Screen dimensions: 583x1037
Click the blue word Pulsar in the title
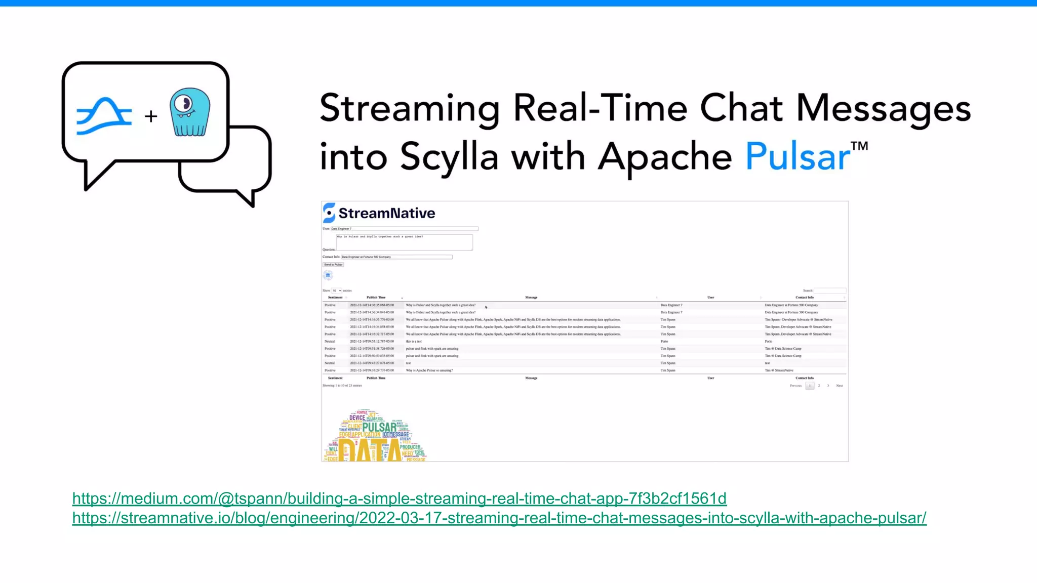pyautogui.click(x=797, y=156)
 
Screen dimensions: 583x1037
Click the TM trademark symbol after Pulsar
pyautogui.click(x=859, y=147)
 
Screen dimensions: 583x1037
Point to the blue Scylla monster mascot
pyautogui.click(x=190, y=113)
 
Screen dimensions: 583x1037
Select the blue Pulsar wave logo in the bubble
pyautogui.click(x=104, y=116)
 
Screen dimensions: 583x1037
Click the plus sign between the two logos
pyautogui.click(x=151, y=116)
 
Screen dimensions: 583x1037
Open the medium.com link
pyautogui.click(x=399, y=498)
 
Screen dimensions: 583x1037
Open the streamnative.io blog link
pyautogui.click(x=499, y=518)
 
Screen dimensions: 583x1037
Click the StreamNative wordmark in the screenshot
pyautogui.click(x=386, y=213)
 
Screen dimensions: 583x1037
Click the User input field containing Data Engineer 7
pyautogui.click(x=404, y=229)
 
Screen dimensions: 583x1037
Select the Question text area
pyautogui.click(x=404, y=242)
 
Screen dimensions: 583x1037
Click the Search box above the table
pyautogui.click(x=830, y=290)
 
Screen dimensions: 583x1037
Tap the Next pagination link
pyautogui.click(x=840, y=386)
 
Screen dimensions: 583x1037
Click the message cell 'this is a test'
pyautogui.click(x=414, y=342)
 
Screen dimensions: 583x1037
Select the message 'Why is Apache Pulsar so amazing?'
pyautogui.click(x=429, y=370)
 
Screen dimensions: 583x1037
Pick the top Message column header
pyautogui.click(x=531, y=298)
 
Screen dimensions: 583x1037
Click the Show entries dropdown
pyautogui.click(x=337, y=290)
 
